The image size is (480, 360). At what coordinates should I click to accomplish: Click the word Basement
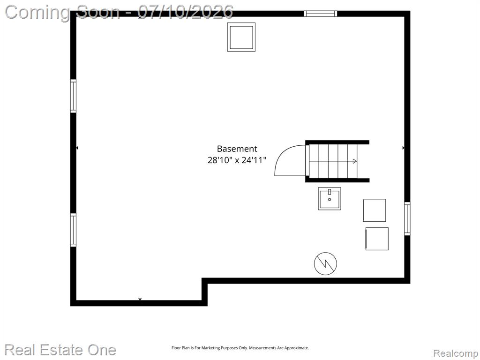(x=237, y=149)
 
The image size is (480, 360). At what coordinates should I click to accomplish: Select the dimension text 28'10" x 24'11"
(x=237, y=160)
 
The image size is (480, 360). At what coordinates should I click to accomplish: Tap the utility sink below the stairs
(x=330, y=199)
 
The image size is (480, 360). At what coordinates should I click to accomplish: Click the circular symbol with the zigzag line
(x=325, y=263)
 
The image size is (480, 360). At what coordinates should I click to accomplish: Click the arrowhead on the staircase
(x=355, y=161)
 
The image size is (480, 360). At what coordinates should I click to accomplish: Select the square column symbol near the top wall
(x=241, y=37)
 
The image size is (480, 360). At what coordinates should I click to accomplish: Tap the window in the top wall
(x=321, y=14)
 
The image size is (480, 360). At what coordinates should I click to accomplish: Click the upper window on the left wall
(x=73, y=96)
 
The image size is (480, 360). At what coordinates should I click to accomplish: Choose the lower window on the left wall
(x=73, y=230)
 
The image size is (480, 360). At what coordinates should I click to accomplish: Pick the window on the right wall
(x=407, y=218)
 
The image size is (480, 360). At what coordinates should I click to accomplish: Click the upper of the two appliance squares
(x=375, y=210)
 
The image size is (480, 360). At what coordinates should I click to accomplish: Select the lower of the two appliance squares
(x=377, y=239)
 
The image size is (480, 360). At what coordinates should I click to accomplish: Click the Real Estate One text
(x=60, y=350)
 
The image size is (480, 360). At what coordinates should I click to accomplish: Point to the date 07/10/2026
(x=185, y=12)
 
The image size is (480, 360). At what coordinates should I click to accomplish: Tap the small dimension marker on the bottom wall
(x=140, y=299)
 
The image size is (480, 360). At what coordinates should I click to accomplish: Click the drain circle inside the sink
(x=330, y=200)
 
